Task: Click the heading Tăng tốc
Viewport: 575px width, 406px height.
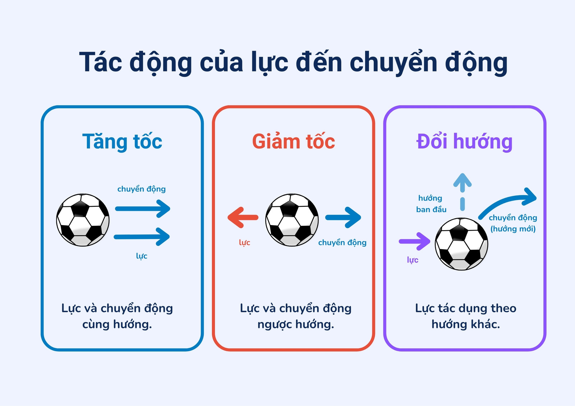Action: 122,141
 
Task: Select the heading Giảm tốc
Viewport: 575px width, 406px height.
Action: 293,141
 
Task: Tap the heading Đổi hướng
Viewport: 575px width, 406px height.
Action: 464,141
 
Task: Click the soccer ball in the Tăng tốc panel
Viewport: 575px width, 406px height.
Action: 83,220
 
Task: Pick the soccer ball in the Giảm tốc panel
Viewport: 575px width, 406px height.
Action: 292,220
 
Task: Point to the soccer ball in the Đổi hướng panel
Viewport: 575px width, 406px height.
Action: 461,244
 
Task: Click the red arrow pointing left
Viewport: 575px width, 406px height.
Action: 243,218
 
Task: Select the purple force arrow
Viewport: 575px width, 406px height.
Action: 415,241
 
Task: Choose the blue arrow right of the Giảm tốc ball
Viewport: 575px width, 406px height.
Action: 343,218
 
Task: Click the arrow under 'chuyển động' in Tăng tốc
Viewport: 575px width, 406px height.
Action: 142,209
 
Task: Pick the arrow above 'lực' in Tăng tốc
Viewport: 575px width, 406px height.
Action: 142,237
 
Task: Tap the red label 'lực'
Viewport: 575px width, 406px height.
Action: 244,242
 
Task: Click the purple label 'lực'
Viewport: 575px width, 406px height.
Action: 413,260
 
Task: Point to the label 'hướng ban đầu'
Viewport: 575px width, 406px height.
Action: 431,204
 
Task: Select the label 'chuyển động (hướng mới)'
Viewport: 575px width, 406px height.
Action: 513,223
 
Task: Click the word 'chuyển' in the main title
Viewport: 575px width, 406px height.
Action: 393,62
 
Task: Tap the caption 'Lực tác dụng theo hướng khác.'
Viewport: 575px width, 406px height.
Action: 466,316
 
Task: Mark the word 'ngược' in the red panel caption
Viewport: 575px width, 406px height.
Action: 274,325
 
